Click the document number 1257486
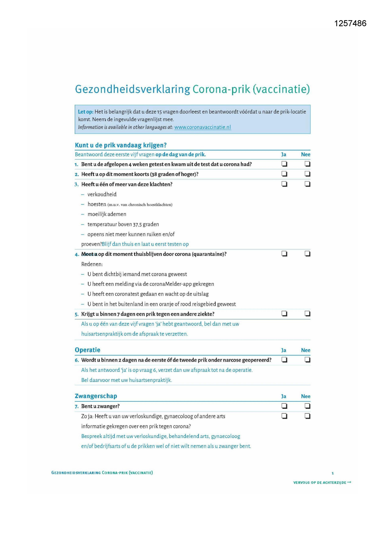click(x=350, y=23)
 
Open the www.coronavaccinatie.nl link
click(x=202, y=127)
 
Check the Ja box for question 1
click(x=284, y=164)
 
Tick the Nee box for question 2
click(x=307, y=174)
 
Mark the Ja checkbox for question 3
click(x=284, y=184)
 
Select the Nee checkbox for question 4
click(x=307, y=254)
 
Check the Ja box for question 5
click(x=284, y=314)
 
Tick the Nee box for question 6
click(x=307, y=360)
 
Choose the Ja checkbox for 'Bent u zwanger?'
click(x=284, y=406)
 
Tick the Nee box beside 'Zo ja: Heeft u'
click(x=307, y=416)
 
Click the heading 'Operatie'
click(x=87, y=350)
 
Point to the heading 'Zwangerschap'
click(x=96, y=396)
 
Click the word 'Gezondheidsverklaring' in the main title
click(x=132, y=89)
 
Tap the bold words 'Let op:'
click(x=85, y=112)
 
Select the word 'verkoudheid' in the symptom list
click(x=102, y=194)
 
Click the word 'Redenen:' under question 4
click(x=92, y=264)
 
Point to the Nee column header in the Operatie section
click(x=306, y=350)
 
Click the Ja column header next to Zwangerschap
click(x=284, y=396)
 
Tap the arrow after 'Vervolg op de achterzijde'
click(x=349, y=482)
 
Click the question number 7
click(x=77, y=407)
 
